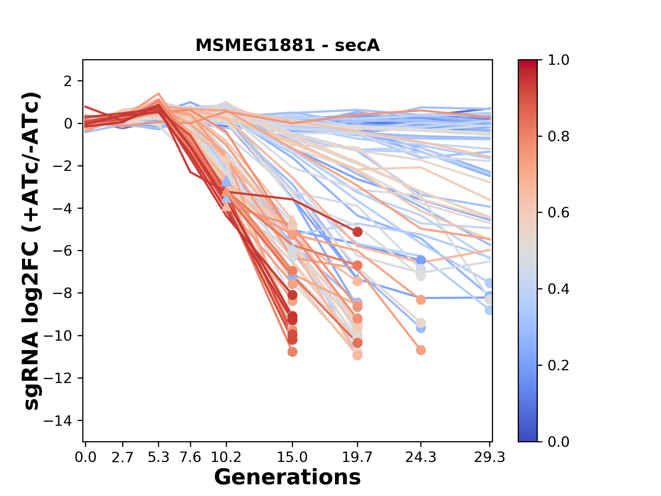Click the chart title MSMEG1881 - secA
tap(287, 45)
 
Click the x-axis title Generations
tap(287, 477)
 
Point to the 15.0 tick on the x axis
tap(292, 457)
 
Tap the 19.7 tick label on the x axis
tap(357, 457)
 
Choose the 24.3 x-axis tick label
tap(420, 457)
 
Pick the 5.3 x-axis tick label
tap(158, 457)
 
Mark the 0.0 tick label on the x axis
tap(86, 457)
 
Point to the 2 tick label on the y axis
tap(68, 81)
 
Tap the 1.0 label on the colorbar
tap(558, 60)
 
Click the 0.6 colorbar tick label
tap(558, 213)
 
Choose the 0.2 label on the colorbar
tap(558, 365)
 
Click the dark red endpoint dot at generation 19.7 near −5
tap(357, 232)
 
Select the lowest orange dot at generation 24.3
tap(420, 350)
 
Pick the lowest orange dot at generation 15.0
tap(292, 352)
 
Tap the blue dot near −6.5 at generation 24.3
tap(420, 260)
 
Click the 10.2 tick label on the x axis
tap(226, 457)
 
